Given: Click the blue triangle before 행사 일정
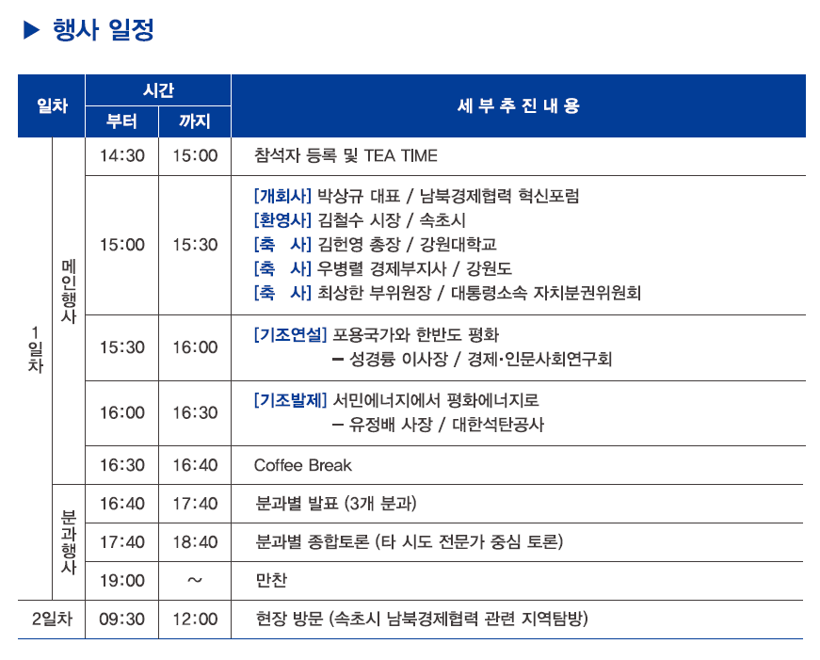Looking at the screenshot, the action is (x=31, y=30).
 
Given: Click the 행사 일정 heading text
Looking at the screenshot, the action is (x=103, y=30).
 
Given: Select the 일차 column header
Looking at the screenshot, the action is (x=53, y=105).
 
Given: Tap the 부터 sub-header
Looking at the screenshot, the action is (x=121, y=121).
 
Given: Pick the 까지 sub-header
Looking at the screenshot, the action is (x=195, y=121).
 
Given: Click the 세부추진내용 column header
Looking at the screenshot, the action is (x=518, y=105).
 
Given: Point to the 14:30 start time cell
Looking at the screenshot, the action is (x=121, y=156).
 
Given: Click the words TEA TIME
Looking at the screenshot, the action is (x=401, y=156).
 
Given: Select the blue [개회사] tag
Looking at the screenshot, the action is (x=282, y=196).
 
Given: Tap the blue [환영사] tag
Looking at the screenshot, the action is (x=282, y=220).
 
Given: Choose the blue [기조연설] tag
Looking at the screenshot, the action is (x=290, y=334).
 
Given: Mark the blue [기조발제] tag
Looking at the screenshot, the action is (x=290, y=400).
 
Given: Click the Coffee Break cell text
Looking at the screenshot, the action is (x=303, y=465).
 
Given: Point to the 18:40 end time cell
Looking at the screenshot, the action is (x=195, y=542).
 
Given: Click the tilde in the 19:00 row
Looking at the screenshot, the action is (x=195, y=580).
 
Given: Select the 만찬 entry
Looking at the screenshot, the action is (x=271, y=581).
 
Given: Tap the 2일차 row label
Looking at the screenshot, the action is (x=52, y=620).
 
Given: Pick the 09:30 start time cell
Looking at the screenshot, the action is (x=121, y=620).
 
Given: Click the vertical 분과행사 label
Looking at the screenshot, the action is (x=69, y=541).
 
